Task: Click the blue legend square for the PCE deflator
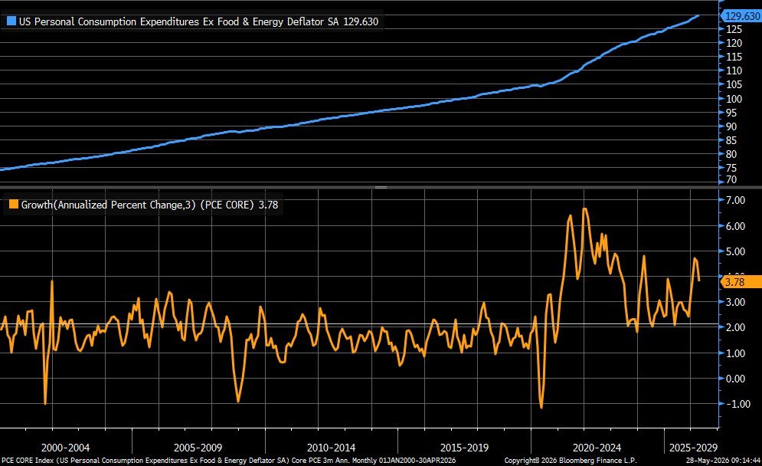11,21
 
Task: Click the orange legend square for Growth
14,205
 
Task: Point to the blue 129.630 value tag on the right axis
742,16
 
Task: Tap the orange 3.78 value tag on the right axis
741,281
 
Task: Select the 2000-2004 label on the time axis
65,448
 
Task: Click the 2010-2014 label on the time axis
331,448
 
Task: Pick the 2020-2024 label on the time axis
597,448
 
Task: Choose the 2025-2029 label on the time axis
693,448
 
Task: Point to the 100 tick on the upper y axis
734,99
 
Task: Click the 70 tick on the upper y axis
731,179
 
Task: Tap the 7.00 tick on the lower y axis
735,200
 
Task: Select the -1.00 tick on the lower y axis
738,404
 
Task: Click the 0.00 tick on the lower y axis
735,379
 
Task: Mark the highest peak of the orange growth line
584,208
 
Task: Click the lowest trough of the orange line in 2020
541,408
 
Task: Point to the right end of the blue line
699,15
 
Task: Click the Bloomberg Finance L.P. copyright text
571,460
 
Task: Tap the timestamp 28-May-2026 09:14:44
723,460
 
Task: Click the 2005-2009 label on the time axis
198,448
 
